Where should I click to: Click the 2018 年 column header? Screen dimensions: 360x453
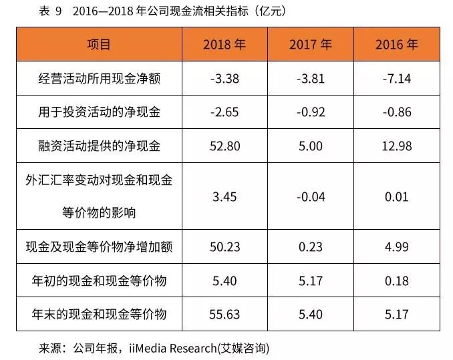(224, 45)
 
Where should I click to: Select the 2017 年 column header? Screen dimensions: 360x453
(310, 45)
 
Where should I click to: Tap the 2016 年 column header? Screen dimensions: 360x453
(397, 45)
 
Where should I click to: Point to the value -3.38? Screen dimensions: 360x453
(224, 79)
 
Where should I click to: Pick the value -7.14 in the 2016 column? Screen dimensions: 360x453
(397, 79)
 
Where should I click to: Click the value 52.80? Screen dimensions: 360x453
(224, 146)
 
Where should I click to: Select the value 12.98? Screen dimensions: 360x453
(397, 146)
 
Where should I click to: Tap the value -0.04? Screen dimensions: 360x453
(310, 196)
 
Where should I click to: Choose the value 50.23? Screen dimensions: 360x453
(224, 247)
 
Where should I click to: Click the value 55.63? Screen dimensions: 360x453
(224, 314)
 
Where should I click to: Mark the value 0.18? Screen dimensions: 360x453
(397, 281)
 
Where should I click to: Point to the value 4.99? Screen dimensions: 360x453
(397, 247)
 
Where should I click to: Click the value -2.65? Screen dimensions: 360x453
(224, 112)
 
